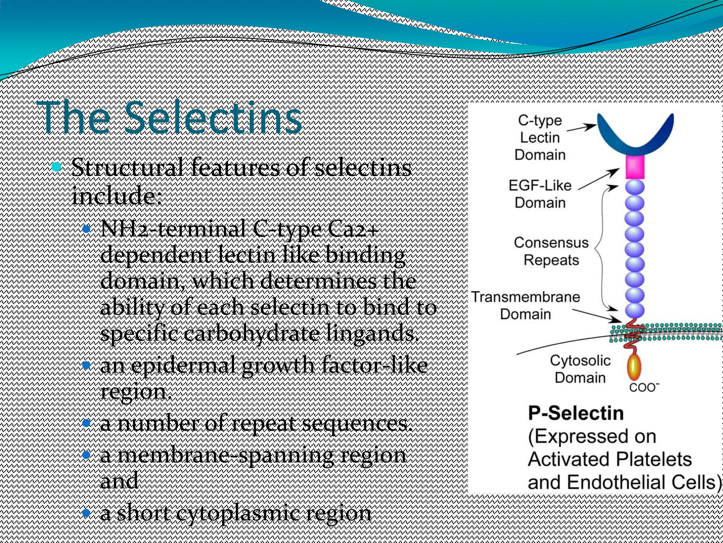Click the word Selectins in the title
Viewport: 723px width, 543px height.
[213, 118]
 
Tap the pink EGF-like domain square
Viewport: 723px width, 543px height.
[635, 167]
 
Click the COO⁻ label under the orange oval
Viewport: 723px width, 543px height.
[644, 387]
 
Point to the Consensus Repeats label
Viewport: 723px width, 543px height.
[551, 251]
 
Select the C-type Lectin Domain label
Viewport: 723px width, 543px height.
[540, 138]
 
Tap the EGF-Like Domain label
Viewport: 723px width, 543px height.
[540, 194]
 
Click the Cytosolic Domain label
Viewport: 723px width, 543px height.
[580, 369]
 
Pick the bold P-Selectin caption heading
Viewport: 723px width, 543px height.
[576, 413]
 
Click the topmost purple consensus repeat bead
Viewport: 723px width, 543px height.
[635, 187]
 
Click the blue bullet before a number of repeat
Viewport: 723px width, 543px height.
[86, 423]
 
